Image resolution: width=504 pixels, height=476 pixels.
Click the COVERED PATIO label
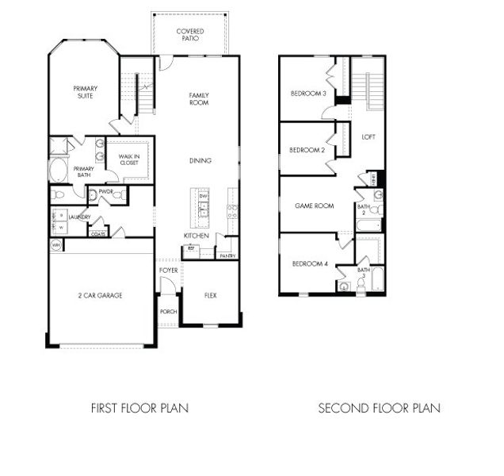(190, 35)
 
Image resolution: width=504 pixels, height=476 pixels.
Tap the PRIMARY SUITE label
(84, 92)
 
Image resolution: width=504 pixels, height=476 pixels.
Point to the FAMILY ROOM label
(199, 99)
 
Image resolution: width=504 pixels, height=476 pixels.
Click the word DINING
(200, 161)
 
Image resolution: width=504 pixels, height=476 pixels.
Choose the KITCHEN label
(196, 236)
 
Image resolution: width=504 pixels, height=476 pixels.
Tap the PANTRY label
(227, 255)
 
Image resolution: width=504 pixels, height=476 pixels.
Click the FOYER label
(168, 270)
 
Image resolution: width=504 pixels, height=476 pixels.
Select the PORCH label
(168, 311)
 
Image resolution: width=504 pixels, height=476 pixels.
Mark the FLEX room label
(210, 295)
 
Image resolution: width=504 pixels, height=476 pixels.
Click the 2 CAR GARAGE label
(100, 295)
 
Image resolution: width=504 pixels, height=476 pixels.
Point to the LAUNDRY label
(79, 217)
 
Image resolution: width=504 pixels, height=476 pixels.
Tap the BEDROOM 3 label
(308, 94)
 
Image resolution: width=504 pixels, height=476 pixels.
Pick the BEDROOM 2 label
(307, 150)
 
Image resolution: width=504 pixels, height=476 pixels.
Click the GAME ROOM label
(314, 205)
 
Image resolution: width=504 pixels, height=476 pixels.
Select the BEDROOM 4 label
(309, 263)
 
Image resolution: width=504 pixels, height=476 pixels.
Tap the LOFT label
(368, 136)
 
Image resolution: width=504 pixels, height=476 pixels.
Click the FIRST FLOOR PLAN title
(139, 409)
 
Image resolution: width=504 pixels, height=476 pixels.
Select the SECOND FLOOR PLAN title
(379, 409)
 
